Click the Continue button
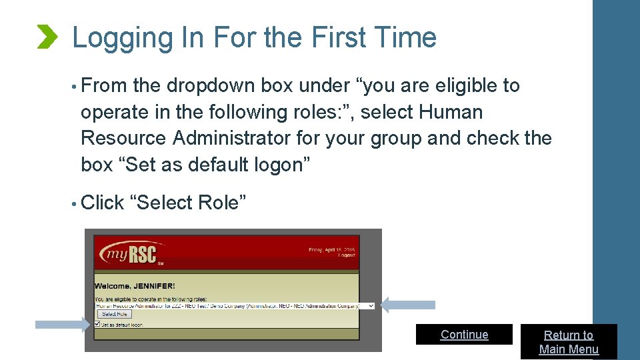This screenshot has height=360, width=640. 464,335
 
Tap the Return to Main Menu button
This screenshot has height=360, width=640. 569,342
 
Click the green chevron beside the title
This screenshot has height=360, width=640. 47,37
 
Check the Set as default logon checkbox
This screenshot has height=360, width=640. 97,325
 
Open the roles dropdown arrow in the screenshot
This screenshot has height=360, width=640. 371,305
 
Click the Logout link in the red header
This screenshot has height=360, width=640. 346,255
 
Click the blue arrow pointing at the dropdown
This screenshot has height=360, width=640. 407,305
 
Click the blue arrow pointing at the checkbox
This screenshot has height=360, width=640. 61,325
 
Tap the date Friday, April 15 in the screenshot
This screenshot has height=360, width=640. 331,249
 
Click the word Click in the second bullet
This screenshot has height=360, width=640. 102,202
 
